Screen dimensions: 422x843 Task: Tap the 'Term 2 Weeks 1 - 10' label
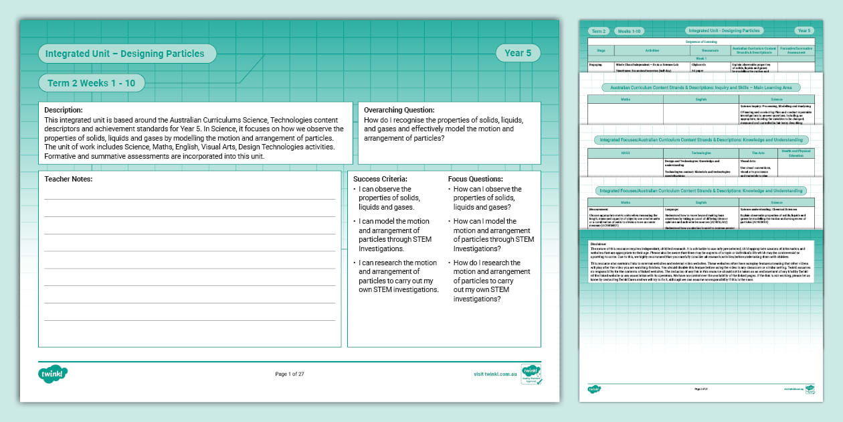[92, 83]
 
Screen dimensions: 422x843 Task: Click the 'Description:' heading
[64, 110]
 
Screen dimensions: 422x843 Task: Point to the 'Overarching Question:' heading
[399, 110]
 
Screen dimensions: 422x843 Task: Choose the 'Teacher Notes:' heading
[68, 179]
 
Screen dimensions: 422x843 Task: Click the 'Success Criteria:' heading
[380, 179]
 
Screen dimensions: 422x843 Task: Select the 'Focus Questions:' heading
[475, 179]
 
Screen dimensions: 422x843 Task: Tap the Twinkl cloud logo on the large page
[54, 374]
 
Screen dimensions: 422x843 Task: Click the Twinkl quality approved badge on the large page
[531, 374]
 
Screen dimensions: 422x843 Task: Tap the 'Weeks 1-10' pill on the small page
[629, 31]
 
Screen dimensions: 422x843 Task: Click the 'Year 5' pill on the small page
[804, 31]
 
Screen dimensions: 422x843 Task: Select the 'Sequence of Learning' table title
[700, 42]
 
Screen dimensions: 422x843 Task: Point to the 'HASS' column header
[625, 153]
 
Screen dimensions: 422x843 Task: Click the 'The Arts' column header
[757, 153]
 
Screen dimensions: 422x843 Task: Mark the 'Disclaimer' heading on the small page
[599, 243]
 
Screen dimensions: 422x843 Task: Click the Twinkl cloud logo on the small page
[594, 389]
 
